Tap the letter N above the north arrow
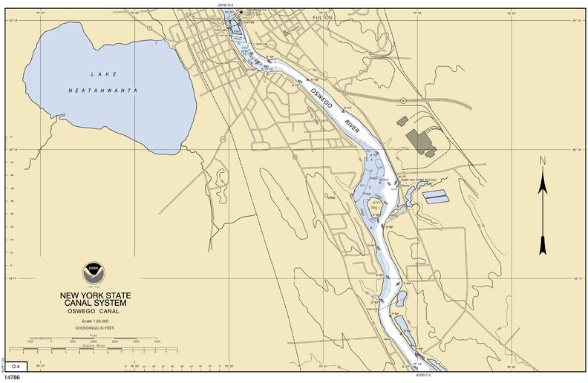tap(543, 161)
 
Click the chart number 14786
tap(13, 378)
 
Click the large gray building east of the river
tap(421, 141)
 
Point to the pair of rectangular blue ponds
tap(437, 197)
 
